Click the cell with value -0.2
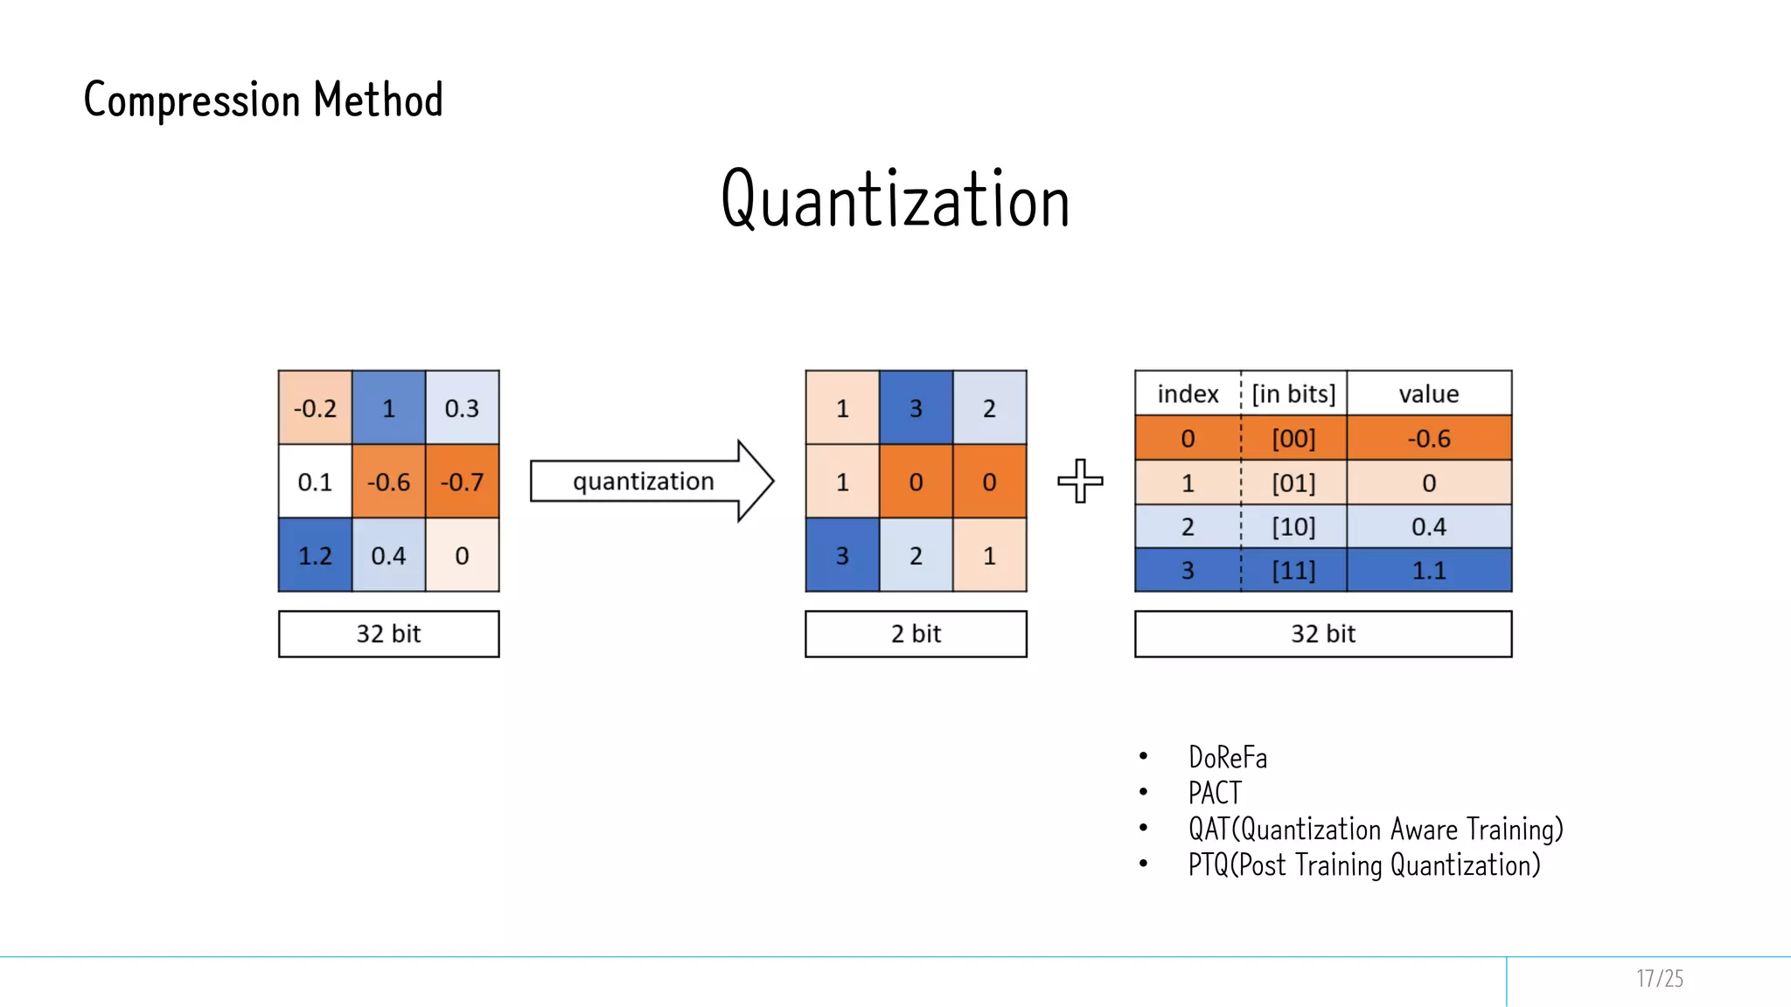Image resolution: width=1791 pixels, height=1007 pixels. click(315, 408)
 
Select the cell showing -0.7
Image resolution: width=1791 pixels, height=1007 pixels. click(462, 482)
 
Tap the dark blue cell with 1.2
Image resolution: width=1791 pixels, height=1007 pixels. click(315, 555)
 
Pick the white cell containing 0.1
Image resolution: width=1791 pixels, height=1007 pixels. click(315, 482)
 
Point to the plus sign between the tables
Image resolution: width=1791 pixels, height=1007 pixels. click(1080, 481)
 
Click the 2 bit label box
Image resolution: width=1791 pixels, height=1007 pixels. click(916, 634)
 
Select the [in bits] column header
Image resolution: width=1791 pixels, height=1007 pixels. click(1293, 393)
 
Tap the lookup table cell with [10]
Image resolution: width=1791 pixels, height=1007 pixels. click(1293, 526)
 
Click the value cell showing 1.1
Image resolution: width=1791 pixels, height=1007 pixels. click(1429, 571)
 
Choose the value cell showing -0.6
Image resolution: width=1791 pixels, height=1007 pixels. click(1429, 438)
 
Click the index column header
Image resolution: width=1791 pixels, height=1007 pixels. click(1188, 393)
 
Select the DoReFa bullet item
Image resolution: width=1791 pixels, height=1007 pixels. click(1228, 757)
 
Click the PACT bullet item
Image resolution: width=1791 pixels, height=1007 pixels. click(1215, 793)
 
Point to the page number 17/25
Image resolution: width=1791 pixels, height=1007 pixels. click(1659, 978)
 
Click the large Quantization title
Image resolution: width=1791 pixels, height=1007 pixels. click(895, 199)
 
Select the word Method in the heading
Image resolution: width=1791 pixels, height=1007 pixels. click(378, 100)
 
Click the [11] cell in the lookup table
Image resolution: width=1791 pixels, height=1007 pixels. click(1293, 571)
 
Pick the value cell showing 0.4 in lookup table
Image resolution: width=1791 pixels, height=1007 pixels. click(1429, 526)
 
